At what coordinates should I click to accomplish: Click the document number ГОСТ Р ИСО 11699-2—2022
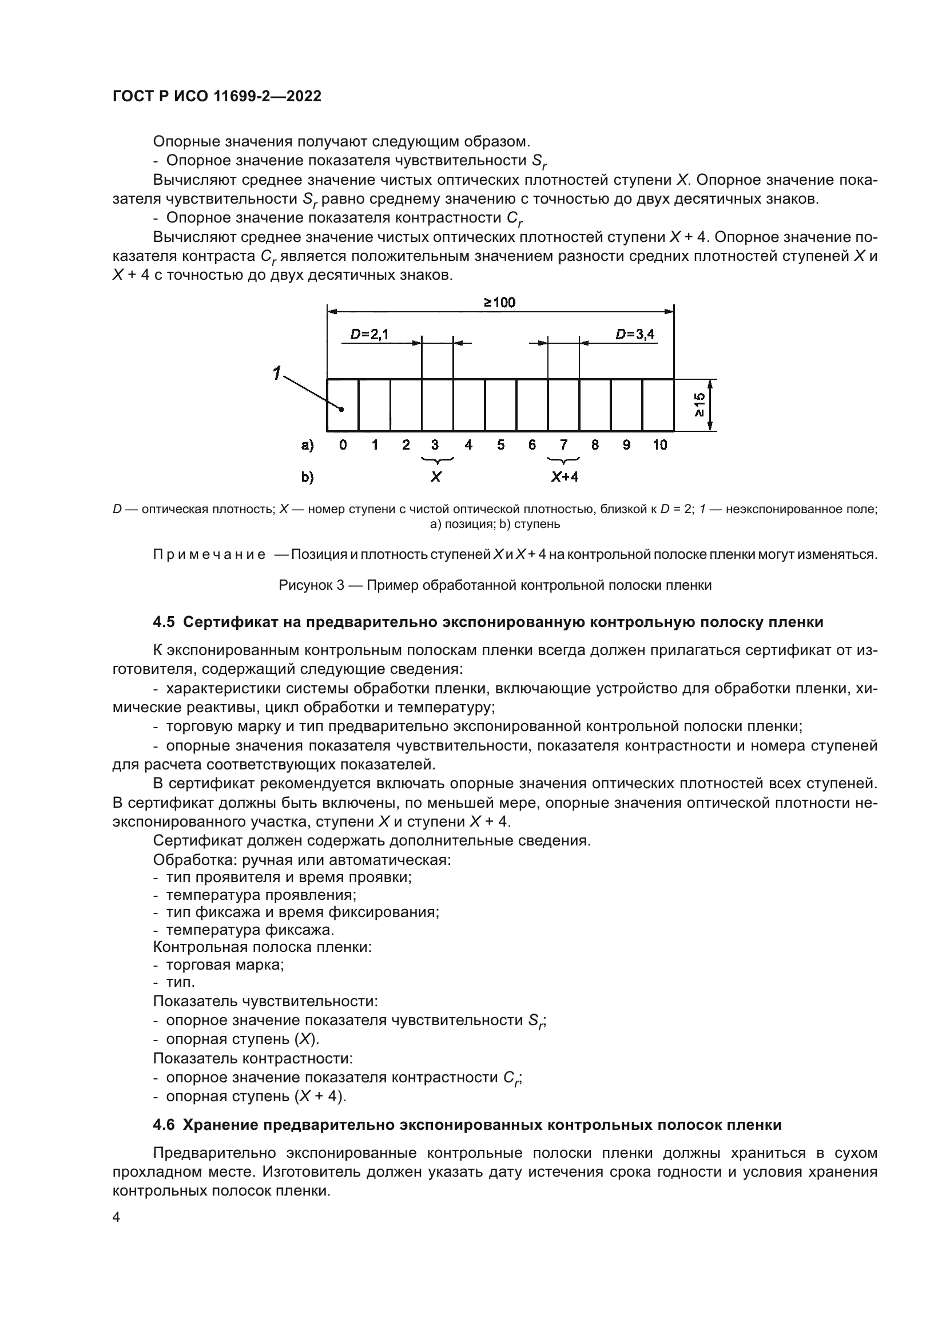[217, 96]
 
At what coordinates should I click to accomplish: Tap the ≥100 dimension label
[499, 303]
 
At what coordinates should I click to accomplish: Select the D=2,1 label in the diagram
[369, 334]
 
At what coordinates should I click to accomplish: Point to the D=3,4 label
[635, 334]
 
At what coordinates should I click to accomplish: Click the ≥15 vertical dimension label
[699, 405]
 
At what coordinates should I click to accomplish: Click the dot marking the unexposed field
[342, 409]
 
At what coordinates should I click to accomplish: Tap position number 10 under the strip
[659, 445]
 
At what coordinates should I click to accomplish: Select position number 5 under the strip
[500, 445]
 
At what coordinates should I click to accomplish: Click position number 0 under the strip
[343, 445]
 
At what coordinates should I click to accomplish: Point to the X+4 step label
[565, 477]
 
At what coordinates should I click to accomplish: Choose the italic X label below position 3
[436, 477]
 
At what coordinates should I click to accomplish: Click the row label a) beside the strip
[307, 446]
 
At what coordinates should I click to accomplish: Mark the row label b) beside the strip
[307, 477]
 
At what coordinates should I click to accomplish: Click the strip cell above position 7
[563, 405]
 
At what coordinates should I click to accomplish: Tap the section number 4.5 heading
[164, 622]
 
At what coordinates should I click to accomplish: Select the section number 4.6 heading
[164, 1125]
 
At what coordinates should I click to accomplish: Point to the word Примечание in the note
[209, 554]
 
